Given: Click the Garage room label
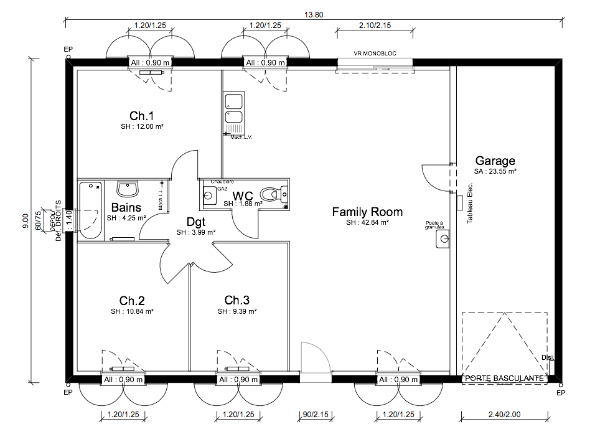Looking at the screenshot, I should (x=495, y=161).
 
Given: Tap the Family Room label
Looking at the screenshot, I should (x=367, y=212).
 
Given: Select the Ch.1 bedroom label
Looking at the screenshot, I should (x=142, y=116).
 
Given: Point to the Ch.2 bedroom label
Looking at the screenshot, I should (x=132, y=300).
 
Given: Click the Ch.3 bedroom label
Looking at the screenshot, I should (x=237, y=300).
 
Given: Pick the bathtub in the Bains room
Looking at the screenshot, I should (x=91, y=210).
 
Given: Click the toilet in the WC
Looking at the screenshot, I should (x=271, y=194).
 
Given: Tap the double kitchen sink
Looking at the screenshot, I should (x=234, y=110).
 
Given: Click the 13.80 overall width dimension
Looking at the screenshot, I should (x=314, y=14).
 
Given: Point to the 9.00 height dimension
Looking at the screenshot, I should (x=26, y=221).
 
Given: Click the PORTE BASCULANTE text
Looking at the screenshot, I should (x=505, y=378).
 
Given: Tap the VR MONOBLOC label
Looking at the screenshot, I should (x=375, y=54).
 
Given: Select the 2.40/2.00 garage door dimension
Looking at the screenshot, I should (x=504, y=414).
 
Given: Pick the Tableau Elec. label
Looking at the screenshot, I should (x=470, y=203).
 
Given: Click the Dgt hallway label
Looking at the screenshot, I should (x=196, y=221).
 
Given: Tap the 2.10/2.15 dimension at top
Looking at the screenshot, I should (x=375, y=26).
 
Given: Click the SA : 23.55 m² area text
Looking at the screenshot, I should (x=495, y=171).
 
